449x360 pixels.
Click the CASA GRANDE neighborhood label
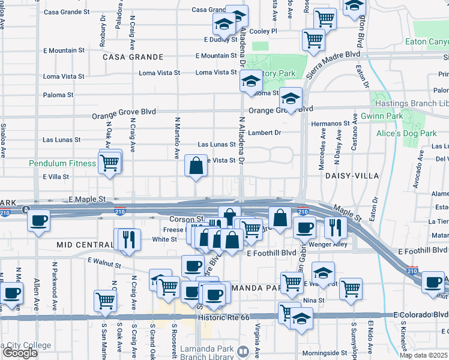point(133,57)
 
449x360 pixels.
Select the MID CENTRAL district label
point(85,245)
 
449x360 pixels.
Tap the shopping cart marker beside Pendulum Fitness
point(110,162)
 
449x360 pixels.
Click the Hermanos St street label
point(330,123)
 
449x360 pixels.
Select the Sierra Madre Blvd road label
point(334,63)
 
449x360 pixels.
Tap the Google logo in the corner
point(19,353)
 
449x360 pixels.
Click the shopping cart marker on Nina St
point(351,289)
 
